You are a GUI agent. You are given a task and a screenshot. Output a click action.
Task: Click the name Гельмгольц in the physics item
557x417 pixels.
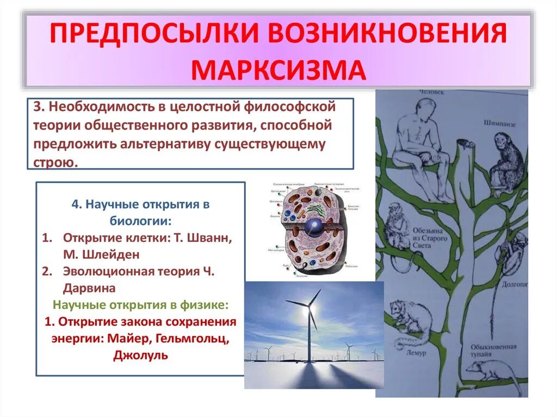[191, 338]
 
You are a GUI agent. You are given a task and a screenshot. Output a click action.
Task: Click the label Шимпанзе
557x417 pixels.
[499, 124]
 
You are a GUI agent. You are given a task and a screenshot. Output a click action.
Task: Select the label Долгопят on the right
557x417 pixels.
[515, 283]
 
